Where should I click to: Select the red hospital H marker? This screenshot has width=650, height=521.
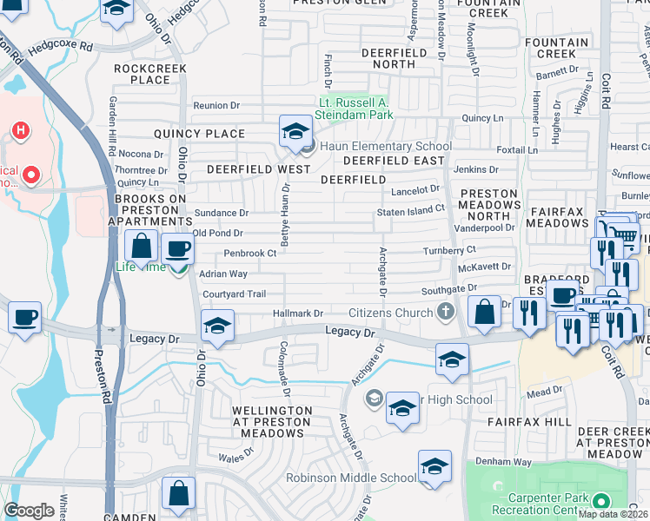pos(20,130)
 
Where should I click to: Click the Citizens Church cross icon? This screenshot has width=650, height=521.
pos(445,312)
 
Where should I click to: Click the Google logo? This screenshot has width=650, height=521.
pos(29,511)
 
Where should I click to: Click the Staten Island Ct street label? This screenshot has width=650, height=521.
pos(410,209)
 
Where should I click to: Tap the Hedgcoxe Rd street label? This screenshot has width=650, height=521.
pos(60,44)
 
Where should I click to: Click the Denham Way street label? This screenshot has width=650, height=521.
pos(504,462)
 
